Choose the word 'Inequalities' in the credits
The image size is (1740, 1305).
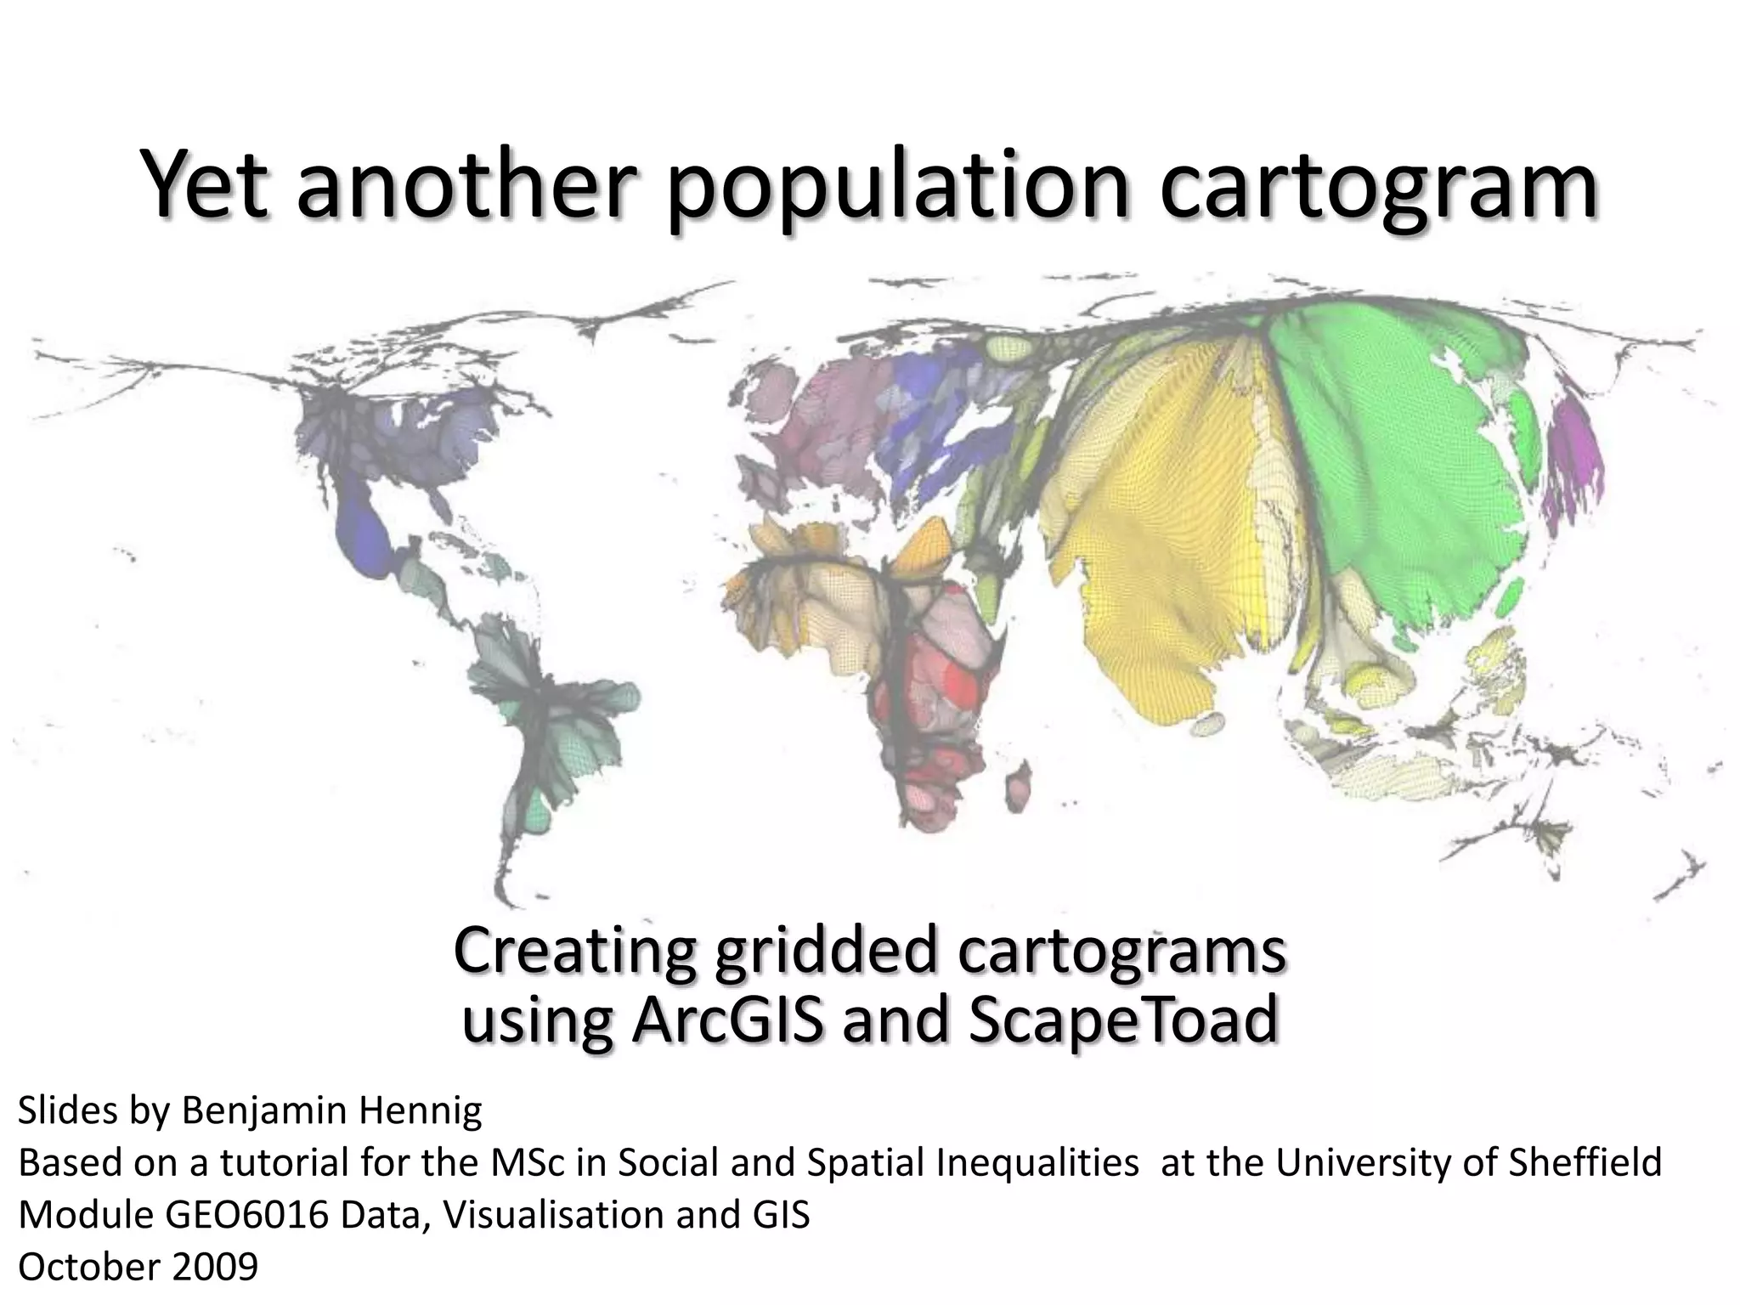[x=1037, y=1163]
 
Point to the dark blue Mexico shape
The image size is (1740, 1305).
[x=361, y=527]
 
